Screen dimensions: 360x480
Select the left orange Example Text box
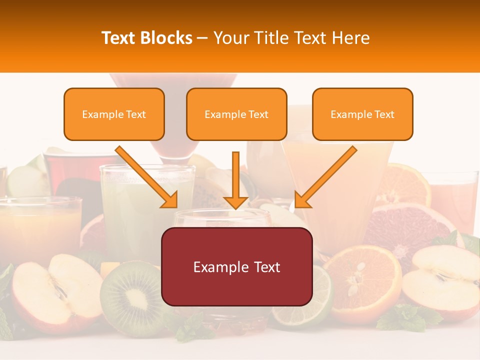pos(114,114)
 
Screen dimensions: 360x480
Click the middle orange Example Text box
pos(236,114)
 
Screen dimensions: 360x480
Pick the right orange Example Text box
pos(362,114)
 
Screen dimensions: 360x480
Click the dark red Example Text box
pos(236,267)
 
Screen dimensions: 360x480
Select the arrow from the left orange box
pos(147,177)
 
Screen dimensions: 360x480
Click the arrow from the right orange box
pos(325,177)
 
